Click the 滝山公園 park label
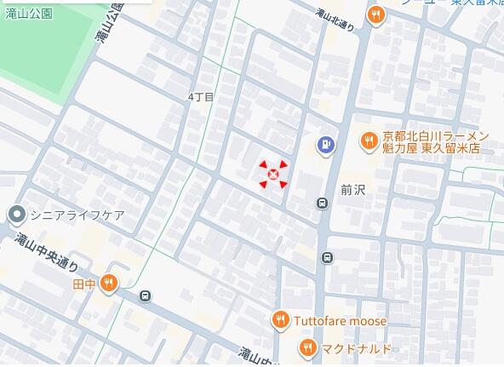coord(29,14)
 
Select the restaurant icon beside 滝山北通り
coord(375,14)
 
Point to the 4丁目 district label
coord(201,98)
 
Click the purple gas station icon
coord(325,146)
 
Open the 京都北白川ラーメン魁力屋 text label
coord(434,142)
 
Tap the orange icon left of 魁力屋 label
coord(369,142)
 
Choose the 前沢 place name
coord(352,190)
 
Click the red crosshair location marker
coord(273,175)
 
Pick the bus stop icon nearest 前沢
coord(322,203)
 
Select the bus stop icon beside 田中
coord(146,296)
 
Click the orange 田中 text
coord(84,284)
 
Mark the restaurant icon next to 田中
coord(108,284)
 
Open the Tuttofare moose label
coord(341,321)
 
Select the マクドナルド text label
coord(357,348)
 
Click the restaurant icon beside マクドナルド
coord(307,347)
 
